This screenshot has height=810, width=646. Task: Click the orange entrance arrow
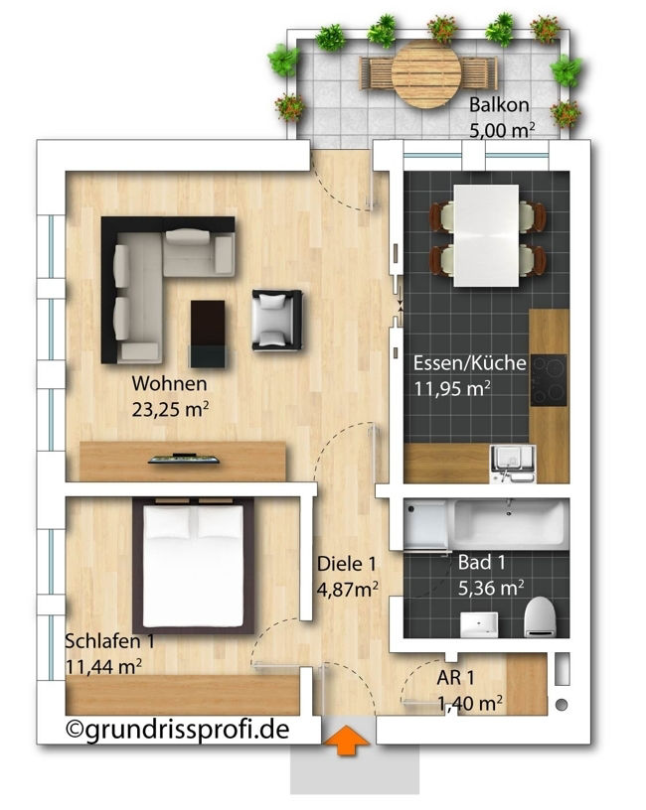[347, 741]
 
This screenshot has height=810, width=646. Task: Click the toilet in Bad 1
[540, 616]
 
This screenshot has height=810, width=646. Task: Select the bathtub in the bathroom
[509, 523]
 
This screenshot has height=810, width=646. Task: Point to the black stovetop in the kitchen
[549, 380]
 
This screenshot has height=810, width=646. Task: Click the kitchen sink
[512, 464]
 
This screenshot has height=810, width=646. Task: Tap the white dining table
[486, 235]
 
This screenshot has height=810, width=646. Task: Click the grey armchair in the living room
[276, 320]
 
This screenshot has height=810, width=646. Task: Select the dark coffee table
[208, 334]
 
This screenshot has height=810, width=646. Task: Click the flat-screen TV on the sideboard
[184, 459]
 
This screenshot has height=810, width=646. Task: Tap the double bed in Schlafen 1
[194, 565]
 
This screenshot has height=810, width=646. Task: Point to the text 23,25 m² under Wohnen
[170, 409]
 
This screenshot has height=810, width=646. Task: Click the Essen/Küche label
[470, 362]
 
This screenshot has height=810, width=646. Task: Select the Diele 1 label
[347, 564]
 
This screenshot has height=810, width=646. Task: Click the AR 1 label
[455, 677]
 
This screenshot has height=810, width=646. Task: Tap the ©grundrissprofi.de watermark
[178, 730]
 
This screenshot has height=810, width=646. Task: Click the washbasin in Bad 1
[479, 624]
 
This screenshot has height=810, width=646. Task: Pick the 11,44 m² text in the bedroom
[104, 666]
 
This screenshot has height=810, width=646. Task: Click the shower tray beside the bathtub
[426, 524]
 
